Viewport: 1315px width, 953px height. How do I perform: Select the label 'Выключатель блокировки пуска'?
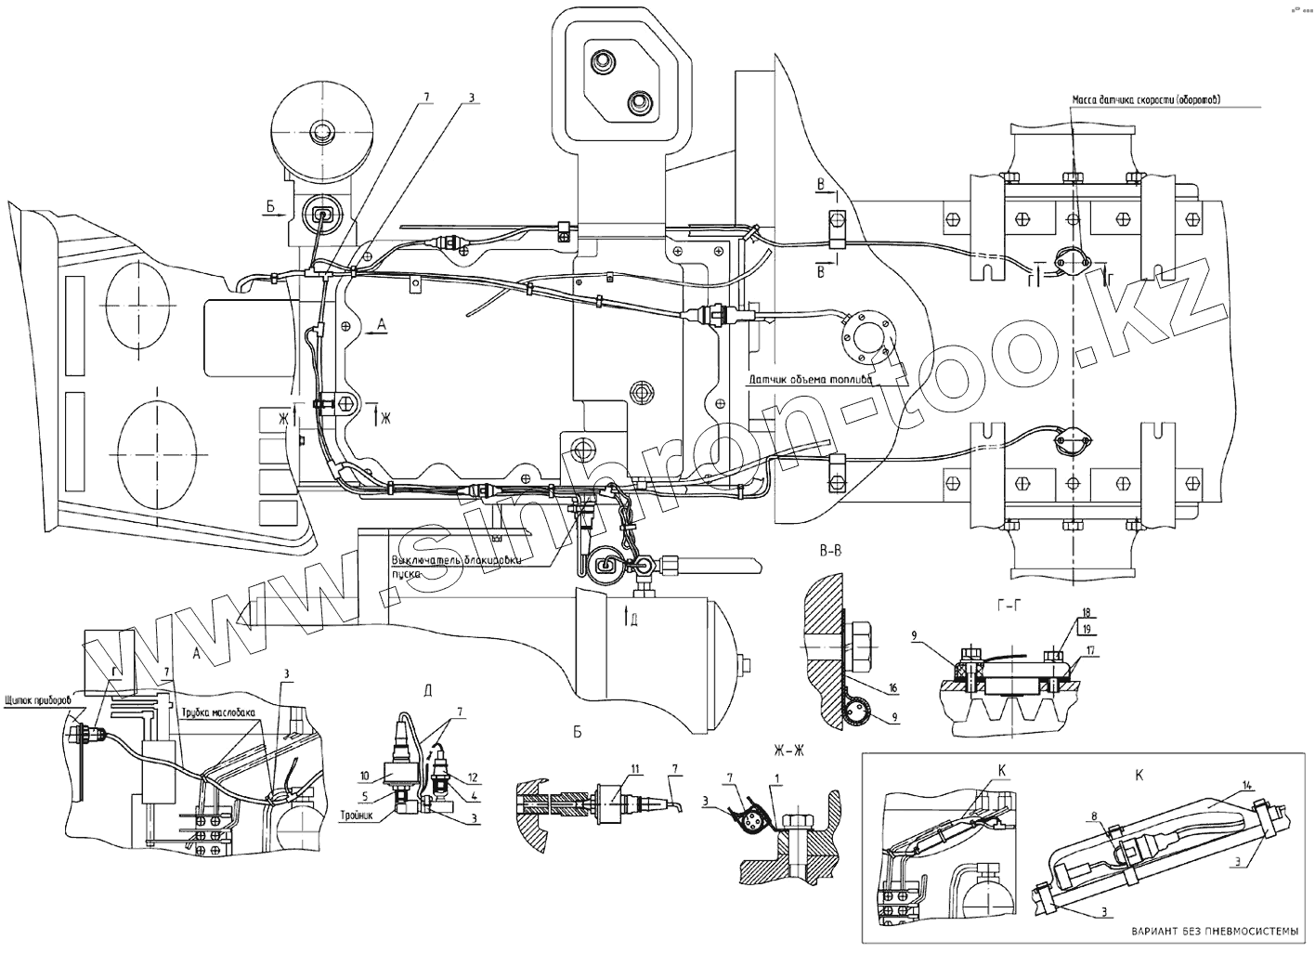coord(458,566)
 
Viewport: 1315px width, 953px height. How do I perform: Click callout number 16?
coord(892,688)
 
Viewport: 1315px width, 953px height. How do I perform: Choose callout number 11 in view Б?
coord(634,769)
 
